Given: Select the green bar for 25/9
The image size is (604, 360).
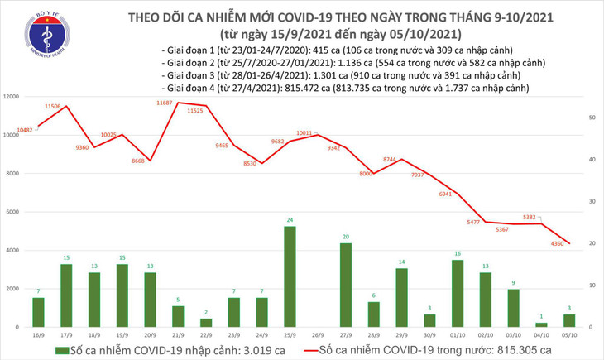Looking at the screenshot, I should click(290, 276).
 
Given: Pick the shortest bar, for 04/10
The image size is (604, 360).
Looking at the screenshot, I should click(541, 324).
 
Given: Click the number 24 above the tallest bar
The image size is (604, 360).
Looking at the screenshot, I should click(290, 220).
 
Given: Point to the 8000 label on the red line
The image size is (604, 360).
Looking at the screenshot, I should click(366, 175).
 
